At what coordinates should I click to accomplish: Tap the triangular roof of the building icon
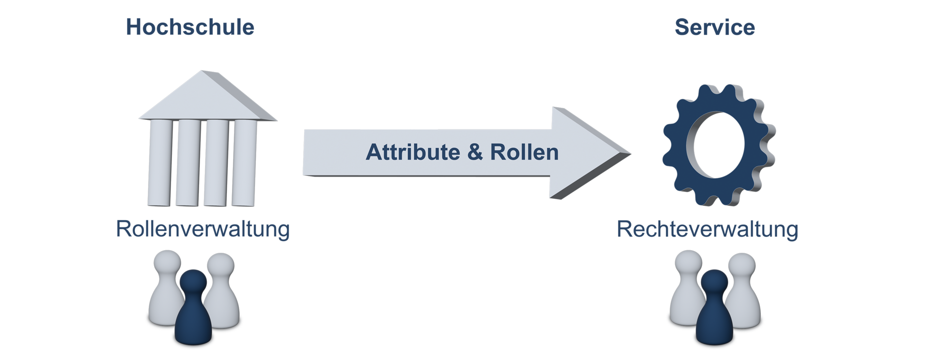(x=208, y=97)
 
